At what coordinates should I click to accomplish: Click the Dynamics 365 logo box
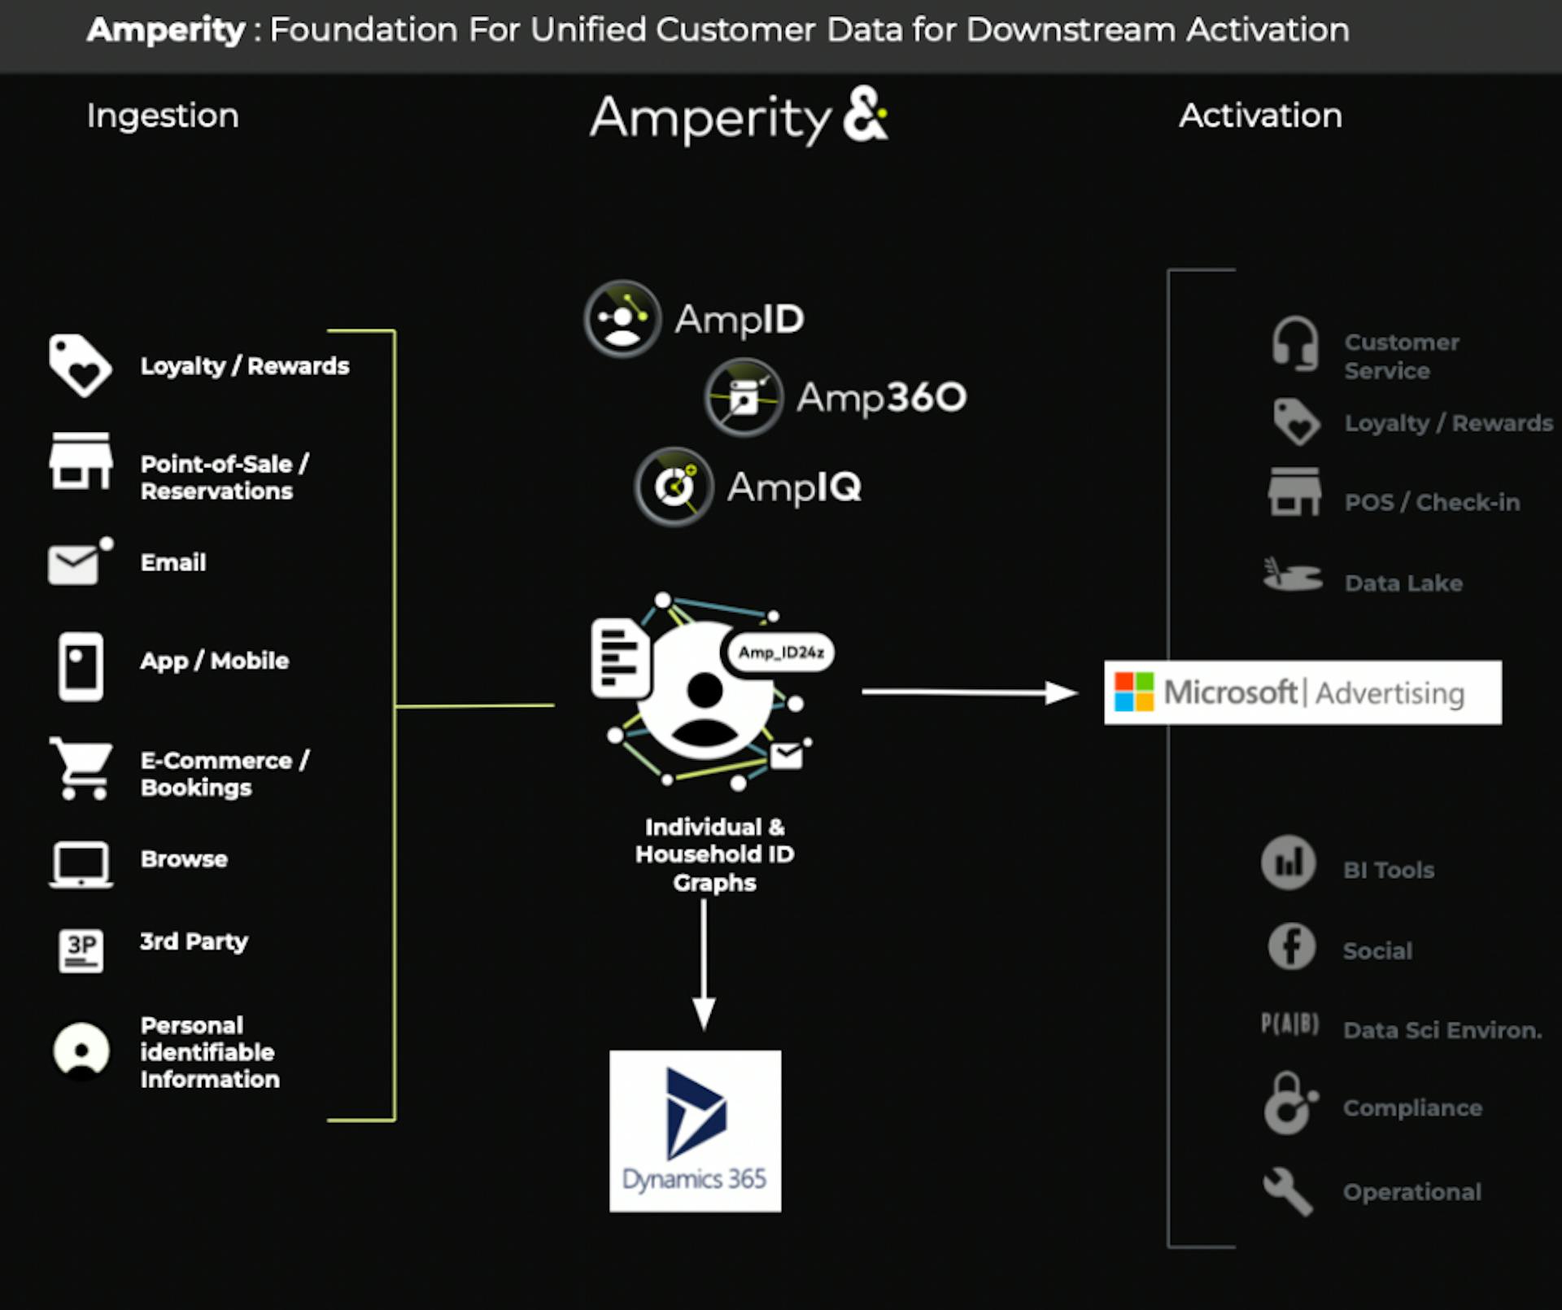[x=695, y=1130]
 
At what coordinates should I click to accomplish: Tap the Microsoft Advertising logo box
[x=1302, y=692]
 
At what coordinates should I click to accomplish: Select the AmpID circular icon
[x=622, y=319]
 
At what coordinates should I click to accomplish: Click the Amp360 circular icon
[x=744, y=398]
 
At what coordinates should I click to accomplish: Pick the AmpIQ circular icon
[x=674, y=487]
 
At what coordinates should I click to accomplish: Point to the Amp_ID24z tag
[x=780, y=653]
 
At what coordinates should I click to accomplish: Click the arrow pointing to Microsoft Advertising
[x=969, y=692]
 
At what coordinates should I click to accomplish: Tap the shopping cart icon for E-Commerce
[x=81, y=769]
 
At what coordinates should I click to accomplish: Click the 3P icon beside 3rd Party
[x=81, y=950]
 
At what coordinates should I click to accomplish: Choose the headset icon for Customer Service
[x=1294, y=344]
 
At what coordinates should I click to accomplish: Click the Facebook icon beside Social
[x=1291, y=946]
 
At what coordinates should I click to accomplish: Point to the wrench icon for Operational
[x=1288, y=1192]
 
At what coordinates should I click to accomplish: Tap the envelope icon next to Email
[x=76, y=563]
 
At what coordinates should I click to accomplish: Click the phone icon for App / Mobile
[x=81, y=666]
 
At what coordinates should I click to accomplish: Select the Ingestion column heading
[x=163, y=116]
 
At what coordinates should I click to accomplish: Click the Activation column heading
[x=1260, y=116]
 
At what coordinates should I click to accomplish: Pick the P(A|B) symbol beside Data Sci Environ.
[x=1289, y=1024]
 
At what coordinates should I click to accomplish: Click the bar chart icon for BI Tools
[x=1288, y=862]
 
